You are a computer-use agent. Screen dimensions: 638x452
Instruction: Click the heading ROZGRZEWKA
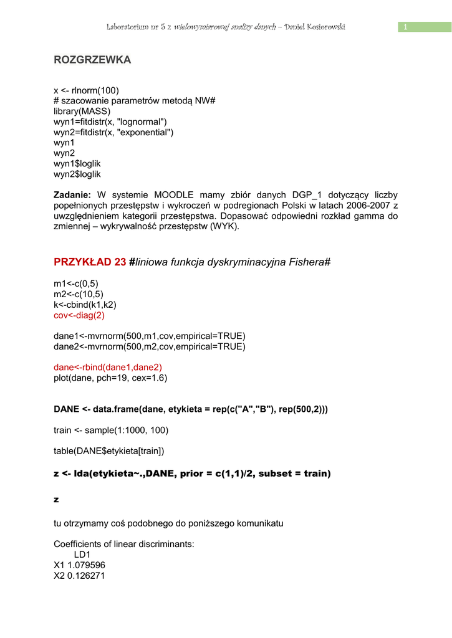tap(92, 60)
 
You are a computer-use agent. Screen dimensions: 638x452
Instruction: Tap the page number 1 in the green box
tap(405, 27)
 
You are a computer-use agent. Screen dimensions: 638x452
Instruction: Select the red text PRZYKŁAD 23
tap(90, 262)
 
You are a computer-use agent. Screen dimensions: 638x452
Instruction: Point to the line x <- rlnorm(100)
tap(86, 90)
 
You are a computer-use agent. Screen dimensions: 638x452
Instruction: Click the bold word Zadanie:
tap(72, 195)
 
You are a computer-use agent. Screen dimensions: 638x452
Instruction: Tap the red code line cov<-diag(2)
tap(79, 315)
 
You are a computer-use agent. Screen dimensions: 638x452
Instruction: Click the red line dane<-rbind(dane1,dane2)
tap(108, 367)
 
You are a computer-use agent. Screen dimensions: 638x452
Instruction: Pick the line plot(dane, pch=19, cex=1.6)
tap(110, 378)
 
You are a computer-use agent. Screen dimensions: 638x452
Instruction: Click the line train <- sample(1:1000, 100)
tap(111, 430)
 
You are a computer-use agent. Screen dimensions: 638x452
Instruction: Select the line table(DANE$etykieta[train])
tap(109, 450)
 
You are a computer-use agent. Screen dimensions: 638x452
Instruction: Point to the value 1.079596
tap(86, 565)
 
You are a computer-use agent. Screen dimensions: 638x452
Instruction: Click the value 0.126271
tap(86, 576)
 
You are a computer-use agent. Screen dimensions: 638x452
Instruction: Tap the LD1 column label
tap(82, 555)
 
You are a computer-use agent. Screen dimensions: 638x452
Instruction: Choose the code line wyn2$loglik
tap(77, 174)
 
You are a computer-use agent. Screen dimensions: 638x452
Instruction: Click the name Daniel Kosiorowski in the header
tap(315, 27)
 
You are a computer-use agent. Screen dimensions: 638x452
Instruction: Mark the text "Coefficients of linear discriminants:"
tap(124, 544)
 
